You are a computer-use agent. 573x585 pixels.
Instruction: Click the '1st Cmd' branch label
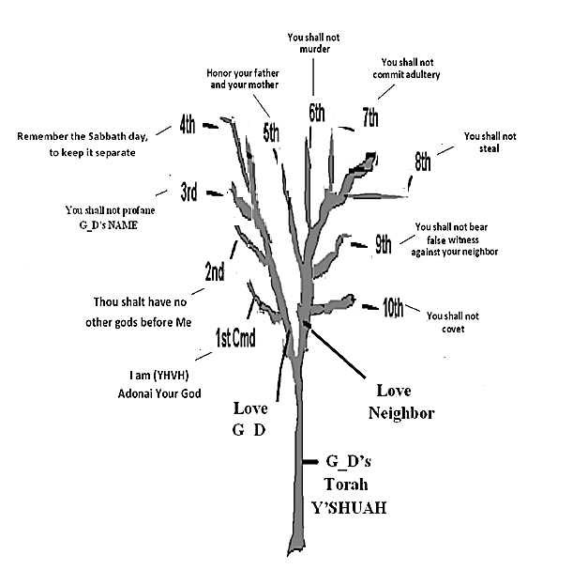(x=235, y=337)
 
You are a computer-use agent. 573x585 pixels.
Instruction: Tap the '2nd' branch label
(x=214, y=273)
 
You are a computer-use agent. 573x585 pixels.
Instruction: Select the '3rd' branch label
(x=188, y=193)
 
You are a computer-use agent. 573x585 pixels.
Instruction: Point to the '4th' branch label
(x=188, y=124)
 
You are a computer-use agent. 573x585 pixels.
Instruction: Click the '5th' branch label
(x=271, y=132)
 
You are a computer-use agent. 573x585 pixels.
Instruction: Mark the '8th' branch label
(x=423, y=162)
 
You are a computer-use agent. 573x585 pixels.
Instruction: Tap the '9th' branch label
(x=384, y=246)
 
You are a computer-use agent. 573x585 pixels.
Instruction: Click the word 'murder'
(x=314, y=50)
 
